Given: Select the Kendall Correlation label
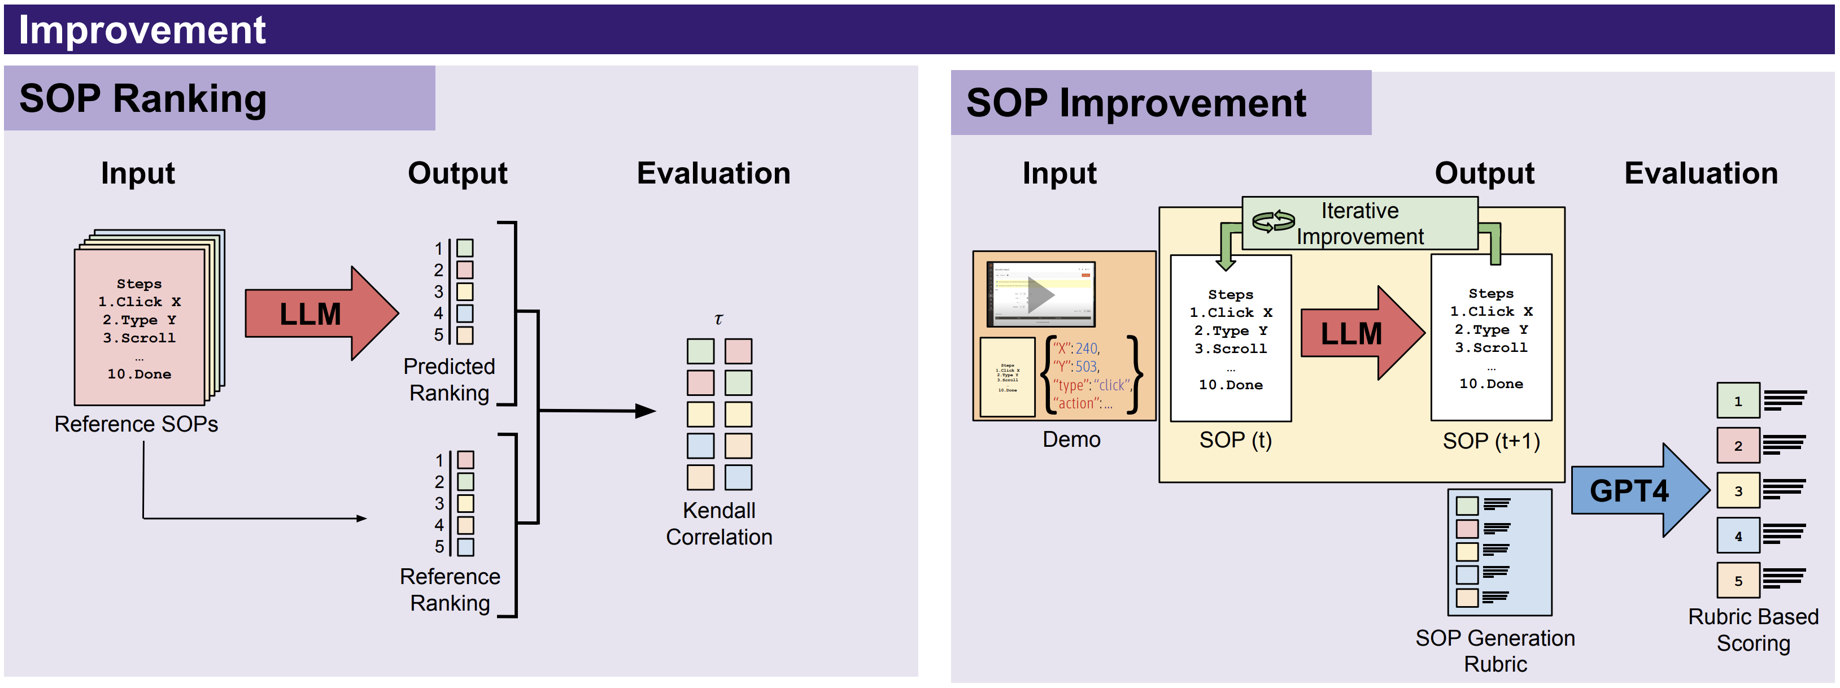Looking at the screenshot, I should (x=718, y=524).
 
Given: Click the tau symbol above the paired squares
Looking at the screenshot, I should (x=718, y=319).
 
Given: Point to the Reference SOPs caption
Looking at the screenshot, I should (x=136, y=424).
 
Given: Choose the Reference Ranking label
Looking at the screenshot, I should (x=450, y=589).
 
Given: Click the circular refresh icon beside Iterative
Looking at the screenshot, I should (x=1273, y=221).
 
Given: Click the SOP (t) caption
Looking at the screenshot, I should (x=1235, y=439).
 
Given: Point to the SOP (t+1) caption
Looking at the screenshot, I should (x=1491, y=441).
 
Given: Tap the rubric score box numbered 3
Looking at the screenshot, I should (x=1738, y=491).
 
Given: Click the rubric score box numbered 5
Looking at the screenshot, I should (x=1738, y=581).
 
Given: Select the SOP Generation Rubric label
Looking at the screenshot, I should (x=1495, y=650).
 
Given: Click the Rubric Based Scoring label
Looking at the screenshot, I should (x=1753, y=629).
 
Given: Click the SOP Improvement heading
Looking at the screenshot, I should (x=1136, y=103).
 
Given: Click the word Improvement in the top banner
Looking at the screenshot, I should (x=142, y=30).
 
